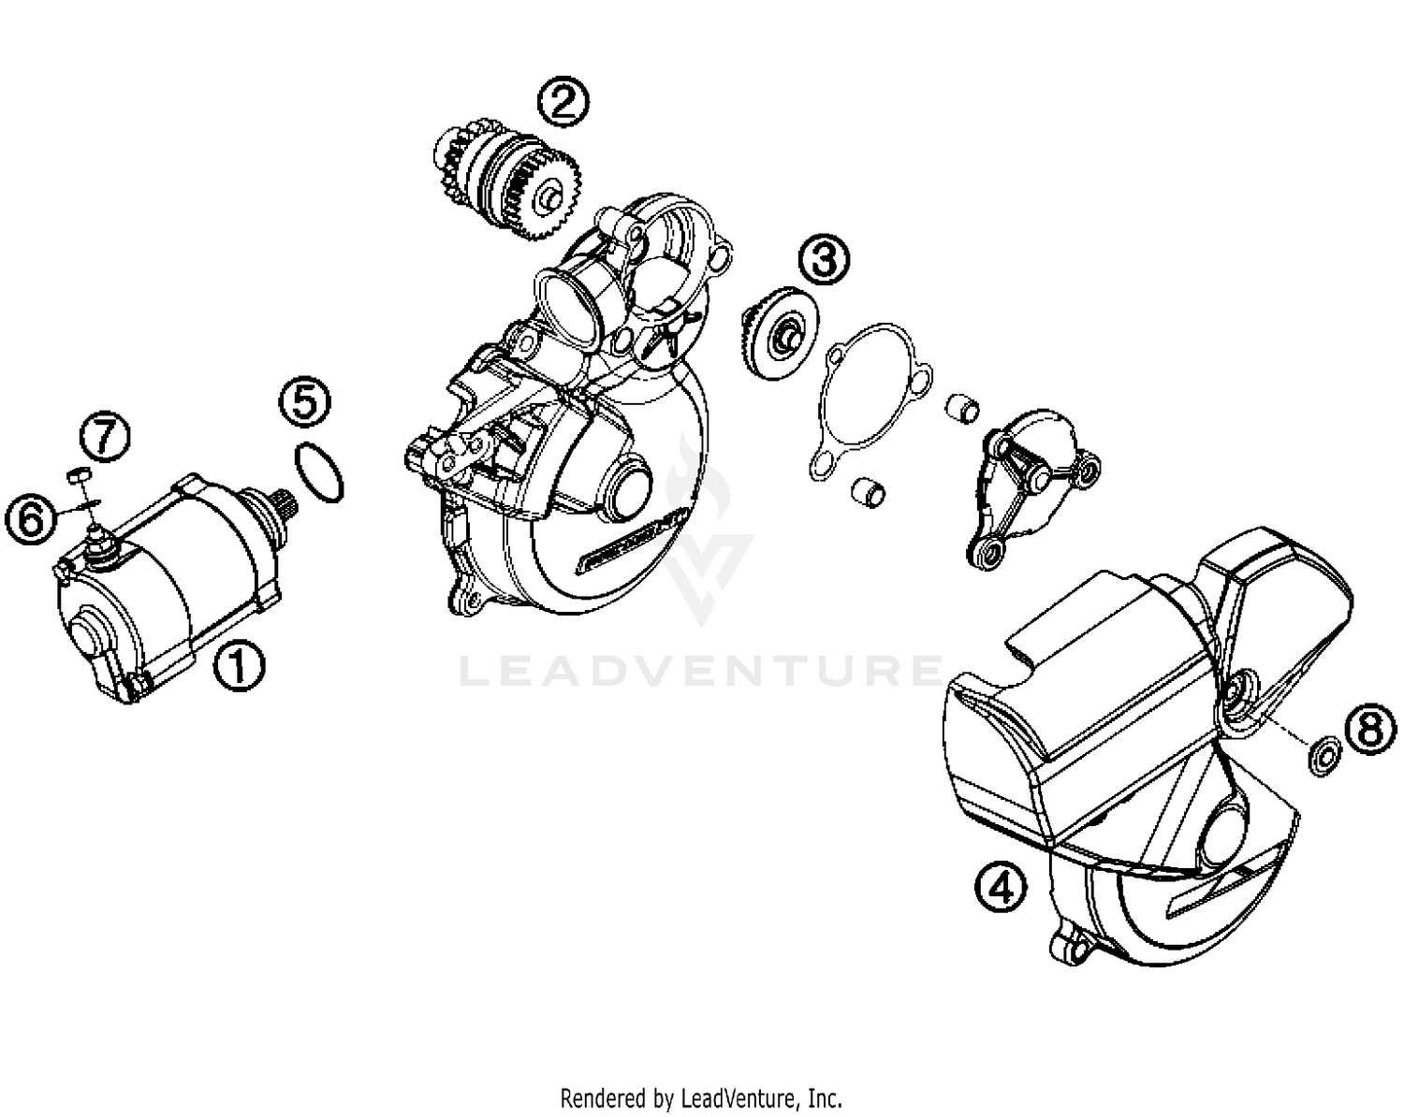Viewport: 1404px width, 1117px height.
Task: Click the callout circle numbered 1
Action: tap(239, 665)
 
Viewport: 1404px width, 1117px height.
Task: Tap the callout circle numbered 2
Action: tap(563, 102)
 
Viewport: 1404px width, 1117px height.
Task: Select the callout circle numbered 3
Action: tap(825, 258)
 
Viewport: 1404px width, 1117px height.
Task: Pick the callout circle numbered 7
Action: tap(105, 437)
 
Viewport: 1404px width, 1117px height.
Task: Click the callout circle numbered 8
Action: tap(1370, 729)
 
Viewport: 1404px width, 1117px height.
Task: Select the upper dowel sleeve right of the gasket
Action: tap(964, 408)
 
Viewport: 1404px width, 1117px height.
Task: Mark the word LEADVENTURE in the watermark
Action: tap(702, 670)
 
